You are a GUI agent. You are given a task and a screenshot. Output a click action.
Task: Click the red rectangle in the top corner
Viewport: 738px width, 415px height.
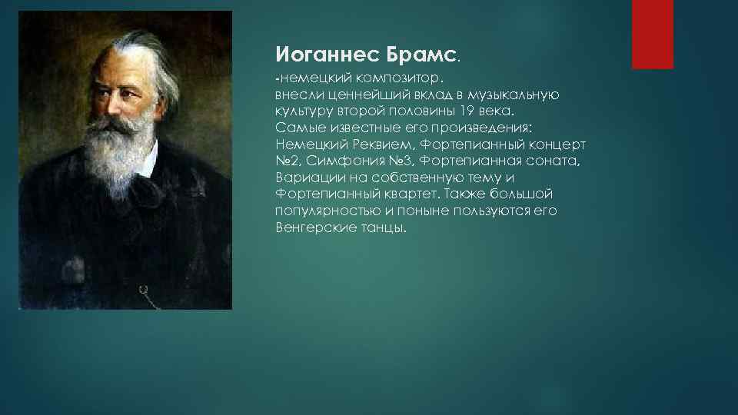tap(652, 34)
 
